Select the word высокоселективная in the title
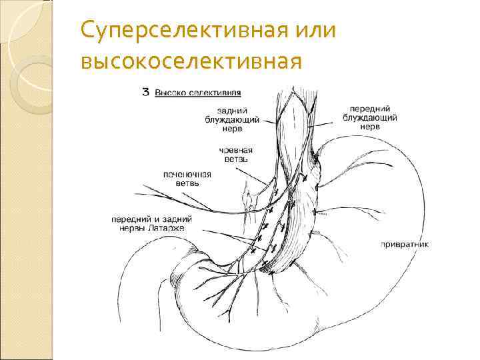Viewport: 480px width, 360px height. [191, 61]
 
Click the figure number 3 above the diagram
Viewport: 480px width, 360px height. [146, 93]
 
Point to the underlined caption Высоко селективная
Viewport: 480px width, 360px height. [198, 93]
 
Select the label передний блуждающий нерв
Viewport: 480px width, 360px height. [369, 117]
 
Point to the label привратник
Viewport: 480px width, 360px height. [404, 244]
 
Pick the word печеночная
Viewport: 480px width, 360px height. [187, 175]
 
